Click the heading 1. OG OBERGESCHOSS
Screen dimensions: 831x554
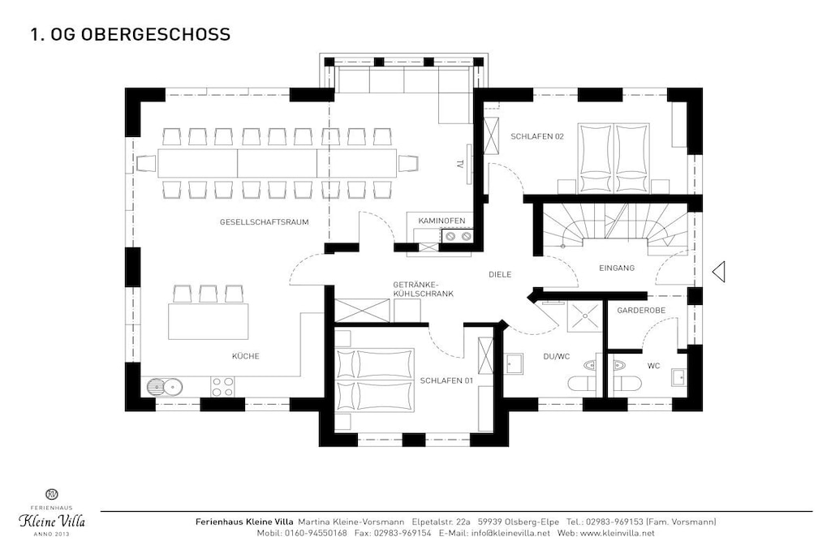[131, 34]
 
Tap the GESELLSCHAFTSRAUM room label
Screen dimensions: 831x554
[264, 222]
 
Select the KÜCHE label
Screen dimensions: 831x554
[245, 356]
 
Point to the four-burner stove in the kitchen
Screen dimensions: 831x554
[222, 387]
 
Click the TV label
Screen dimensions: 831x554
[460, 164]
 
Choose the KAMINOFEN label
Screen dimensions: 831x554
[441, 221]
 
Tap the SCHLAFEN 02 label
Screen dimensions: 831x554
[537, 136]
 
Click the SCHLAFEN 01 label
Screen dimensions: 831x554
[446, 380]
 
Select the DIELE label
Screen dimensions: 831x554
[500, 274]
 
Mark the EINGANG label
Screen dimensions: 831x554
[617, 268]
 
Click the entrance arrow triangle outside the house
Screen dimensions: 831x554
[718, 273]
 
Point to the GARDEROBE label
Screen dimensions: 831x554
[641, 311]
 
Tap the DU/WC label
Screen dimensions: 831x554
[556, 356]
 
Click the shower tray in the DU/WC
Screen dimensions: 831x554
[584, 316]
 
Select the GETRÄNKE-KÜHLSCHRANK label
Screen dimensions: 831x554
[423, 289]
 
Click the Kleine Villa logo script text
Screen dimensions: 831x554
[52, 521]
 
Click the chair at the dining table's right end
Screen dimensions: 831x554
[408, 163]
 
